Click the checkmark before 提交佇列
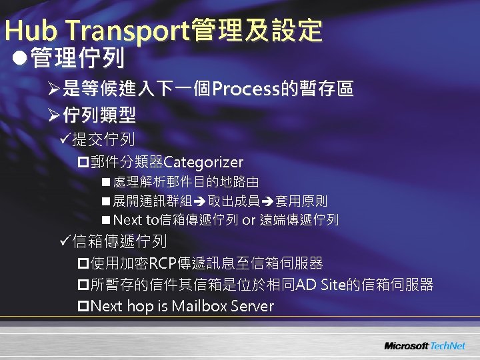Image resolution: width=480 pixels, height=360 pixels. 64,140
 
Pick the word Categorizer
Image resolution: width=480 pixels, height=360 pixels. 203,162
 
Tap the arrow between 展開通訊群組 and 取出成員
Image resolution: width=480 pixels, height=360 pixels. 199,201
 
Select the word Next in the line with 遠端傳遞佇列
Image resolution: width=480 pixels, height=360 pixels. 128,220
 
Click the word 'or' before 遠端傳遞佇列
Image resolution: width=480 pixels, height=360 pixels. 249,220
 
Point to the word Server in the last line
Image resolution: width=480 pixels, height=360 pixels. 251,307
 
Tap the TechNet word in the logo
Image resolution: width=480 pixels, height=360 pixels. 449,346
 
